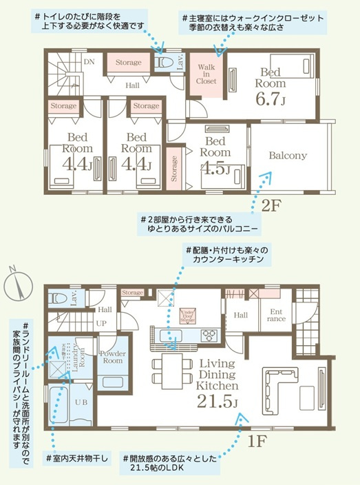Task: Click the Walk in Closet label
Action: (206, 74)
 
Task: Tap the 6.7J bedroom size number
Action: (269, 99)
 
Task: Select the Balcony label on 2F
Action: (288, 156)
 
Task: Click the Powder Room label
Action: (112, 356)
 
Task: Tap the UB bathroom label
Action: (72, 402)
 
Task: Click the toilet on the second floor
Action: (164, 62)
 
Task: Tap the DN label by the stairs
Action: (88, 61)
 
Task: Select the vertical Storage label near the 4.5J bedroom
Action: (174, 169)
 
